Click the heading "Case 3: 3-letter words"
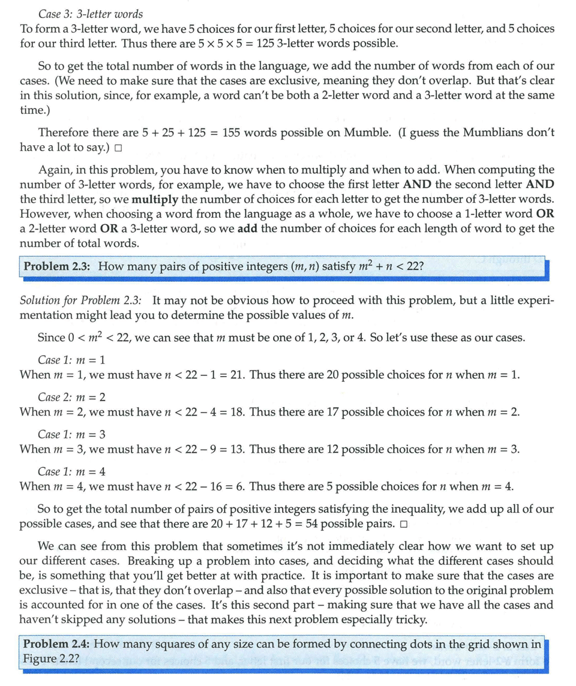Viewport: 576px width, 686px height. (x=91, y=13)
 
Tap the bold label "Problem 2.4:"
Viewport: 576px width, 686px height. (x=56, y=644)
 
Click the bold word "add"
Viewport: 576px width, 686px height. (x=248, y=229)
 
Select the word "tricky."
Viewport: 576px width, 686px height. (x=407, y=618)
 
